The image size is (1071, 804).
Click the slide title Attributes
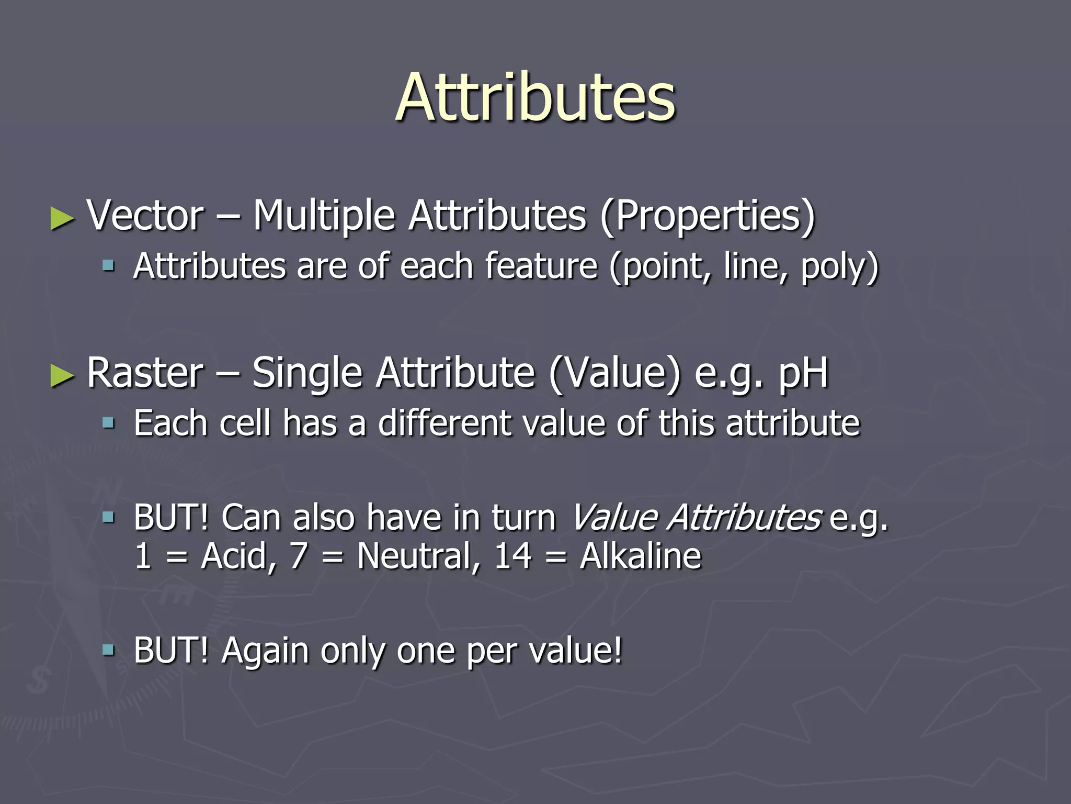click(535, 98)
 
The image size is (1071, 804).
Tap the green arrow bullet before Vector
click(62, 218)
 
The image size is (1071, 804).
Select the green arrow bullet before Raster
click(62, 375)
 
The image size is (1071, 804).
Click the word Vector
click(145, 216)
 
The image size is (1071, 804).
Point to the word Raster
click(145, 373)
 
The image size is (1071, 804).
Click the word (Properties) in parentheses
click(707, 216)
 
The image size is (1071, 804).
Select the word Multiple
click(324, 216)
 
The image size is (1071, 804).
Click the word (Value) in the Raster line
click(615, 373)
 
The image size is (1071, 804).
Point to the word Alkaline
click(640, 556)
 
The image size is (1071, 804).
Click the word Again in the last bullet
click(265, 651)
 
